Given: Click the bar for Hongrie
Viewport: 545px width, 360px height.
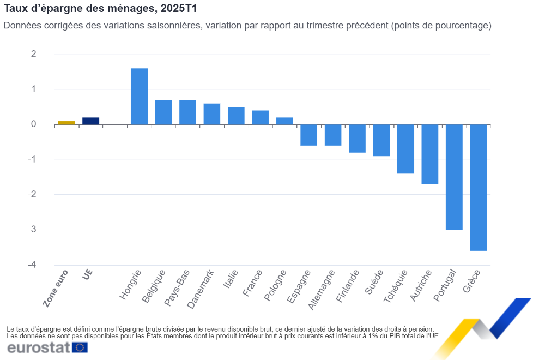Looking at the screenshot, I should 139,97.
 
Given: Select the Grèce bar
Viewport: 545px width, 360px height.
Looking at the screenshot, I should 478,188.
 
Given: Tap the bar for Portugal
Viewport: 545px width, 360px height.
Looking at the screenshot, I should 454,177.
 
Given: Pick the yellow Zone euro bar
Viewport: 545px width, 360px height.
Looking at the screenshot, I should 66,123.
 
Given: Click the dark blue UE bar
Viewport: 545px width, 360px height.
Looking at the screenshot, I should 90,121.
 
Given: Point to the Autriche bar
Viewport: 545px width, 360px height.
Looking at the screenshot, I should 430,154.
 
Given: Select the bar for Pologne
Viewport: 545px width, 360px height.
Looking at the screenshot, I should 284,121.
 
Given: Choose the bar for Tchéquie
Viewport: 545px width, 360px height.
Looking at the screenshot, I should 405,149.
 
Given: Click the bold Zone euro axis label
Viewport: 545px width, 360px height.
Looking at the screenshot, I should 56,290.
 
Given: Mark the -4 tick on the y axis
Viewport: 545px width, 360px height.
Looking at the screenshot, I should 33,265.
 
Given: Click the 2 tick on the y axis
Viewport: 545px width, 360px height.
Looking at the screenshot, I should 34,54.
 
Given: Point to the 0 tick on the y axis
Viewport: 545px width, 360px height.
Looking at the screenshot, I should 34,124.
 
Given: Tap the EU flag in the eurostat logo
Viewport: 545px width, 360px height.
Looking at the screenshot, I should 80,347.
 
